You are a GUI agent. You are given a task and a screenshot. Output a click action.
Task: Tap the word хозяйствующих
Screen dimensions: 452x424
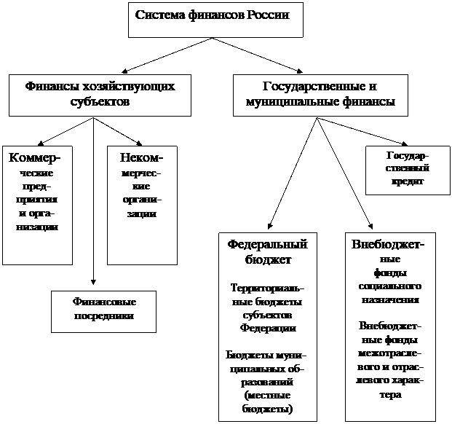tap(129, 87)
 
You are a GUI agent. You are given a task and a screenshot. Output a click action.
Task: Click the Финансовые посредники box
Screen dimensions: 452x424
tap(104, 312)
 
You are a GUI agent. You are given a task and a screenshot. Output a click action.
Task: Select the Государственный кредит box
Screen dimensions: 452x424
tap(408, 170)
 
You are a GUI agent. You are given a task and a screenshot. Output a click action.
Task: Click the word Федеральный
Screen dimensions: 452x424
tap(268, 245)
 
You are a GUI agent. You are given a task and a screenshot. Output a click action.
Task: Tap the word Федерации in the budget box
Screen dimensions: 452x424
tap(268, 328)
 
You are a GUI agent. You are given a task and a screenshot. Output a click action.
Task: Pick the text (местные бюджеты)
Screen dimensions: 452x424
tap(267, 402)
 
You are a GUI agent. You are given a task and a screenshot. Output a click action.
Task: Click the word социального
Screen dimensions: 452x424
tap(390, 286)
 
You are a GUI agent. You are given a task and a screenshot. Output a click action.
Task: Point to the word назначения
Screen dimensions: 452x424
tap(390, 299)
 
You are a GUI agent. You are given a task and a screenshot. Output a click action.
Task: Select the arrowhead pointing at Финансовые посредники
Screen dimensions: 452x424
tap(93, 282)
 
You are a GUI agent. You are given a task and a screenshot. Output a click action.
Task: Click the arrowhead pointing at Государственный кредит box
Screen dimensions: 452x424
tap(405, 144)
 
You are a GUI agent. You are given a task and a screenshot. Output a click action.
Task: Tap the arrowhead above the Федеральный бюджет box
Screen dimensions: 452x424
tap(270, 226)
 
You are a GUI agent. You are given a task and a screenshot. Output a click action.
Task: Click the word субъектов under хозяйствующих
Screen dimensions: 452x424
tap(100, 102)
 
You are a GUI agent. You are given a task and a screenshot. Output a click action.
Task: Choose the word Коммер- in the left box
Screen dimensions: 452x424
tap(35, 158)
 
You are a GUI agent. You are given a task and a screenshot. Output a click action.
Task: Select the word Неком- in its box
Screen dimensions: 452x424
tap(141, 158)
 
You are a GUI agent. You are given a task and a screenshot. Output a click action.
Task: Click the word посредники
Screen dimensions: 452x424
tap(104, 316)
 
